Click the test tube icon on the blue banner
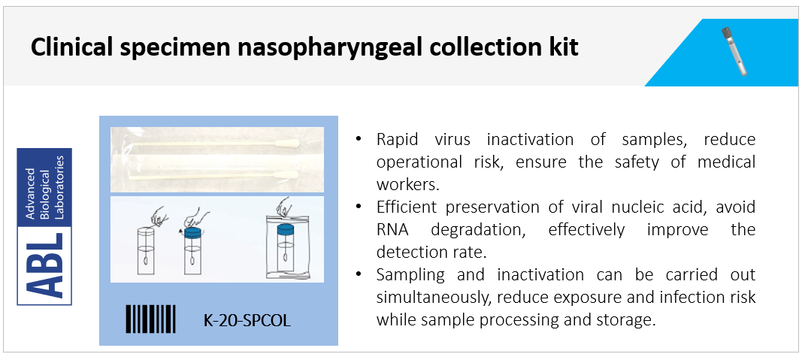734,51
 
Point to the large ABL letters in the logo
44,266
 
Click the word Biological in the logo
44,188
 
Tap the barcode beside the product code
151,319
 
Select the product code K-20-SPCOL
247,321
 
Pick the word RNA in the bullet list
393,229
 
